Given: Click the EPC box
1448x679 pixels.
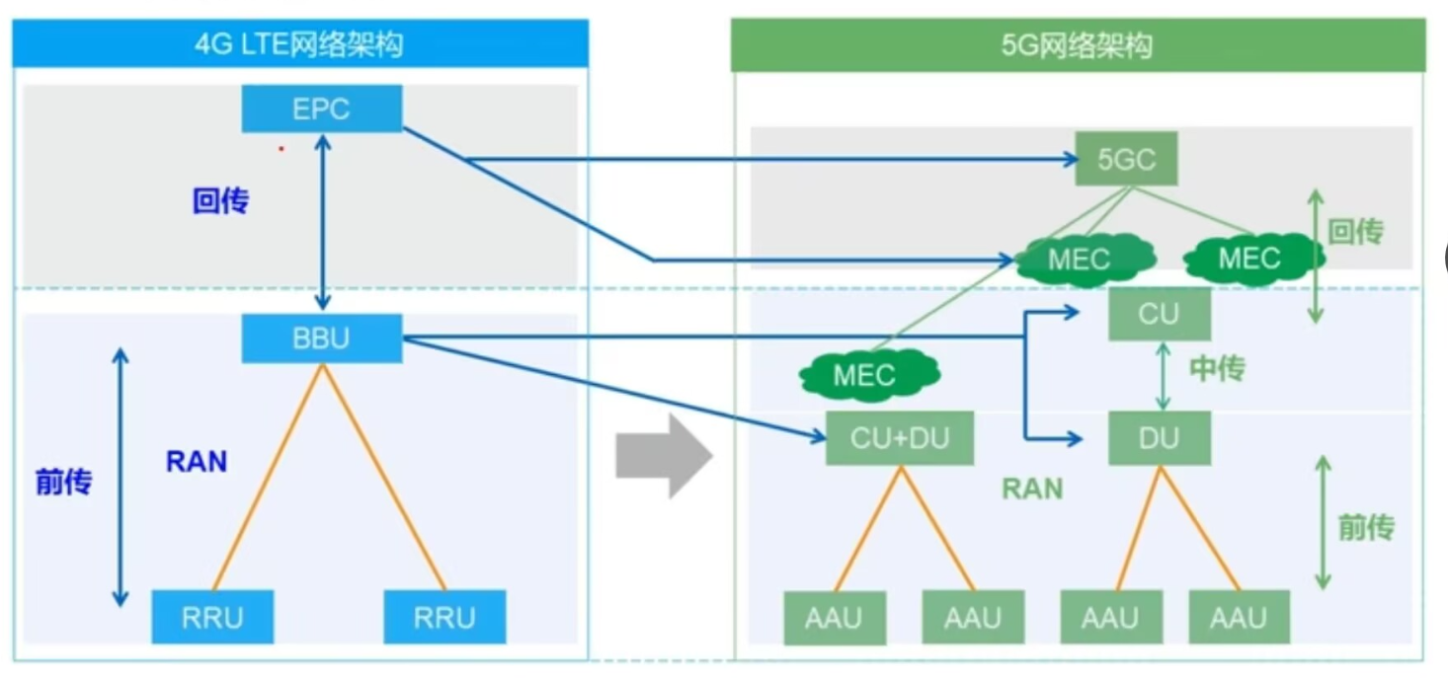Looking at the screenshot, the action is pos(322,109).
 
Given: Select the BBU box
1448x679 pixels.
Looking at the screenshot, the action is pos(322,338).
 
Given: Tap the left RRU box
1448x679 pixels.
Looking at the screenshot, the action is pos(212,617).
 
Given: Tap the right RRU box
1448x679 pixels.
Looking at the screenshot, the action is pos(444,617).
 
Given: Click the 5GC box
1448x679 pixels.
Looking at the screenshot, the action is pos(1126,159).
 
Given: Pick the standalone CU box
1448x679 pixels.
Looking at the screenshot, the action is pos(1160,314).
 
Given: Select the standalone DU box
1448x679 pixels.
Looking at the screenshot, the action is pos(1160,438).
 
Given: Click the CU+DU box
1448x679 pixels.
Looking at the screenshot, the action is pos(900,438).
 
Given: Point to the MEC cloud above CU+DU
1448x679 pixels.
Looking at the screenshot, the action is pos(869,375).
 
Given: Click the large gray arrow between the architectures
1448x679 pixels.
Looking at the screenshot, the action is pos(664,456).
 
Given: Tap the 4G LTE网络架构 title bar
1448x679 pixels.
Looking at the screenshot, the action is pos(300,43).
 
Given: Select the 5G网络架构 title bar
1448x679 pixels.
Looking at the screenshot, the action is pos(1079,45).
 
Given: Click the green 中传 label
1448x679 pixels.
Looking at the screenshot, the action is pos(1217,368).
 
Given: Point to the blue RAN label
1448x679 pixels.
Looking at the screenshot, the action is pos(197,461).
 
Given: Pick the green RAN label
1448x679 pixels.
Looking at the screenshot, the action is pos(1032,489).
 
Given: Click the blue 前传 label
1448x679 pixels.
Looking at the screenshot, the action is pos(63,482).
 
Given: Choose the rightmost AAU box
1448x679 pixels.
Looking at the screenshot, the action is pos(1240,617).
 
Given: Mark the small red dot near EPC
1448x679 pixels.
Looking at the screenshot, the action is pos(282,149).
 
